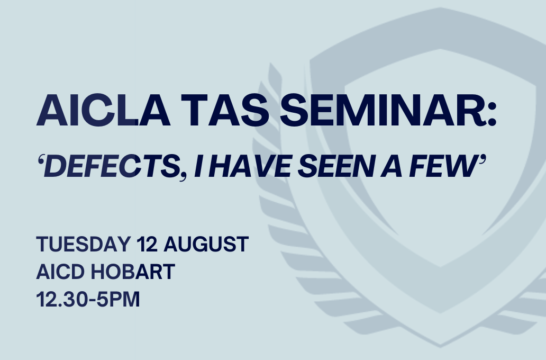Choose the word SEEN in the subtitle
coord(336,166)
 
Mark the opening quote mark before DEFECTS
coord(41,160)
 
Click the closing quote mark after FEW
coord(482,160)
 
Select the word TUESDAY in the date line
coord(83,244)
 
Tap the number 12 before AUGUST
coord(147,244)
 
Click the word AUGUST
coord(206,244)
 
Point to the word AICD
coord(60,272)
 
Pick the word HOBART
coord(133,272)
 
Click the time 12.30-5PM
coord(88,299)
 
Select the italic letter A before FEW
coord(391,166)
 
